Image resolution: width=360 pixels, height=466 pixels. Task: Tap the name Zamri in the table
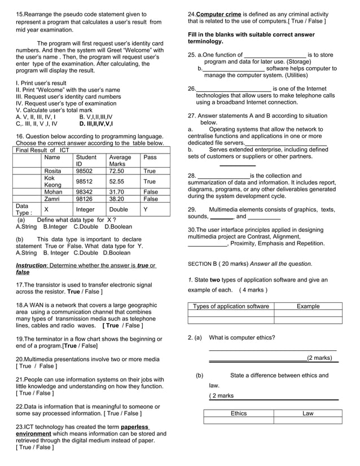pyautogui.click(x=52, y=199)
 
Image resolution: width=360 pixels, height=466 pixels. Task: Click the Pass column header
pyautogui.click(x=150, y=157)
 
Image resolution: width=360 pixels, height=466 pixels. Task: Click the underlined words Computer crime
pyautogui.click(x=219, y=14)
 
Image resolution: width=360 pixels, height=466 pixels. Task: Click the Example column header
pyautogui.click(x=308, y=306)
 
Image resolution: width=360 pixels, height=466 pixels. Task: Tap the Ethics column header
pyautogui.click(x=239, y=414)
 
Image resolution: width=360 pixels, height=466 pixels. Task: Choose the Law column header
pyautogui.click(x=308, y=414)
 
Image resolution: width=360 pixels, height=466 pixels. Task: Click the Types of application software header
pyautogui.click(x=231, y=306)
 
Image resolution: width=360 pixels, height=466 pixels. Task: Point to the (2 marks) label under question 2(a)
pyautogui.click(x=319, y=358)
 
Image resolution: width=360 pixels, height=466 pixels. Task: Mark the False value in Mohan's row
pyautogui.click(x=151, y=192)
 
